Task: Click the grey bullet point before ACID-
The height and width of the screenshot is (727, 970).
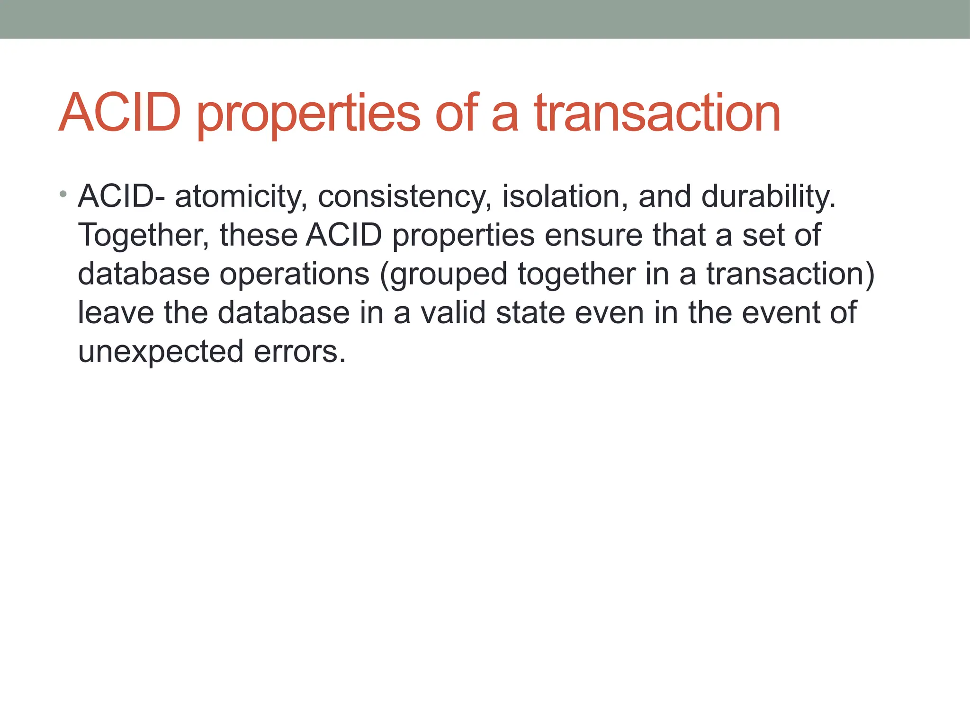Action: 63,194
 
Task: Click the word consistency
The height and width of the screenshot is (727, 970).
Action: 404,197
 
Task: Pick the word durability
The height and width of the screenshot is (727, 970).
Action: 768,197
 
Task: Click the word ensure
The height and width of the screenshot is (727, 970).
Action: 593,235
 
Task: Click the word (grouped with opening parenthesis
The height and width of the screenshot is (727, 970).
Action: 443,275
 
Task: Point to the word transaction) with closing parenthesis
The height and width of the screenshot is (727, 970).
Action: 790,274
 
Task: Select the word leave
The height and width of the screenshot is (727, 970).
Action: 116,313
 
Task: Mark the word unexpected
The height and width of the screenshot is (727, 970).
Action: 161,353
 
